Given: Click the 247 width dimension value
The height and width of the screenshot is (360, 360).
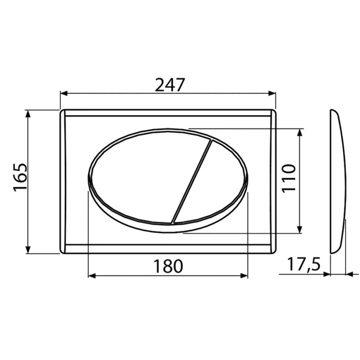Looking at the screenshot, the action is [170, 85].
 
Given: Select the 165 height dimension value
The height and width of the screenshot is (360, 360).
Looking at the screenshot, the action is [20, 177].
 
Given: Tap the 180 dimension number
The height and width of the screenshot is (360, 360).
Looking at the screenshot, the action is [168, 266].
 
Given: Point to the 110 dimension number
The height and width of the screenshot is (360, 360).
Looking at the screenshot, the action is [289, 178].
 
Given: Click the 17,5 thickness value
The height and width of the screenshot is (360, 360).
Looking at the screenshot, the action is [304, 264].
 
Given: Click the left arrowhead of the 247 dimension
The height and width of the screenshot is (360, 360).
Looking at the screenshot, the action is [64, 94].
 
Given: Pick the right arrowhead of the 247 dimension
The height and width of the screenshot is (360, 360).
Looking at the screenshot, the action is [272, 94].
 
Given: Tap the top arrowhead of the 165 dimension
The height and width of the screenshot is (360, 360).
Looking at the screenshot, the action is [28, 114].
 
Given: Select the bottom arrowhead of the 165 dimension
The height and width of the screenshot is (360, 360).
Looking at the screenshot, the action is [28, 250].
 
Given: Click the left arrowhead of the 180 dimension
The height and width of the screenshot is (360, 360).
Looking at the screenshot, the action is [92, 276].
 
